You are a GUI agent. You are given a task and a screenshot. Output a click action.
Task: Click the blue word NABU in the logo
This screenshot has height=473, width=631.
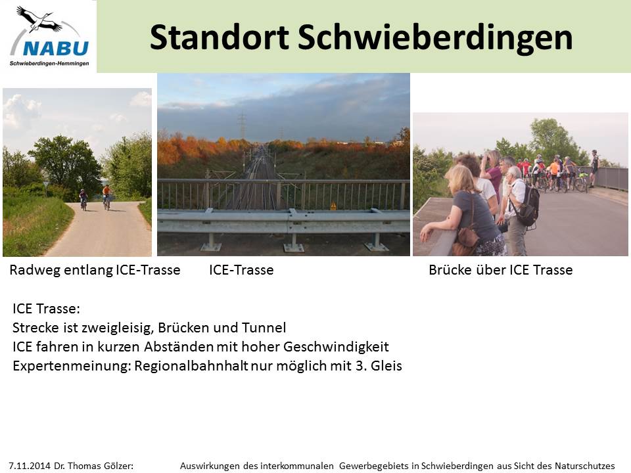tap(56, 49)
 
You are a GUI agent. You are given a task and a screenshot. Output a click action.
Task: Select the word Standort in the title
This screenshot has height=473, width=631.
tap(220, 37)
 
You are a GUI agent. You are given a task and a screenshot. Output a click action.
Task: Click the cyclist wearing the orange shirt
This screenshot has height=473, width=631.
tap(106, 196)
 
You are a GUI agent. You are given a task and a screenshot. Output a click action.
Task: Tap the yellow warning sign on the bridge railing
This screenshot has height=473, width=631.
tap(333, 206)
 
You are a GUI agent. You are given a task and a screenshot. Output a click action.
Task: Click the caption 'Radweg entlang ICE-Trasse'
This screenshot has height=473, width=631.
tap(95, 270)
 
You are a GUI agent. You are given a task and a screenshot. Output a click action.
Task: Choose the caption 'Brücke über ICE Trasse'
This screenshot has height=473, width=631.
tap(501, 270)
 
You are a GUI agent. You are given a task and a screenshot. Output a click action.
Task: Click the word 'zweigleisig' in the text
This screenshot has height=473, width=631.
tap(118, 328)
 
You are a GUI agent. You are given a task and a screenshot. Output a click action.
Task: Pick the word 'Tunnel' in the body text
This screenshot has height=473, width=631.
tap(264, 327)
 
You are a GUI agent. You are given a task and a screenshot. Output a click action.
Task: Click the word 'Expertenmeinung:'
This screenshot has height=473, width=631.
tap(72, 366)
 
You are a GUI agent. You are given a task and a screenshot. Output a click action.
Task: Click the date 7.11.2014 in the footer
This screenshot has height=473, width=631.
tap(30, 466)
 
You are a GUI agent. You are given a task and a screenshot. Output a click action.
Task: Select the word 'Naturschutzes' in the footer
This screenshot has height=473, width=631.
tap(585, 466)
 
